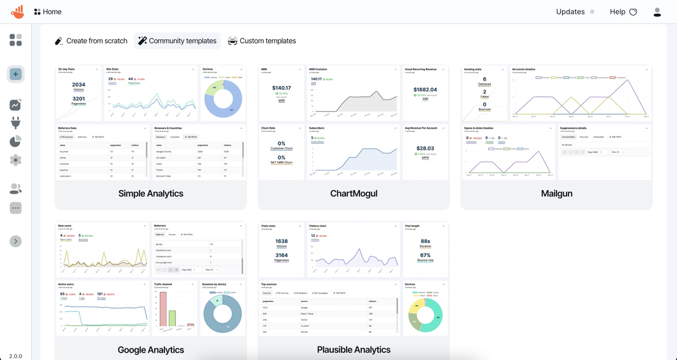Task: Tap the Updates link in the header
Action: tap(570, 12)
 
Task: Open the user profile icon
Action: tap(657, 12)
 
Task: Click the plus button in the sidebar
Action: tap(16, 74)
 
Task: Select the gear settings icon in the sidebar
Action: tap(16, 160)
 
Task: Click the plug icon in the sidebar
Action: tap(16, 123)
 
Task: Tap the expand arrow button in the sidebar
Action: tap(16, 242)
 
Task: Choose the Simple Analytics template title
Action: tap(151, 194)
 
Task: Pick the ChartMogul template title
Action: tap(353, 194)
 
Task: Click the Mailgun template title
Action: tap(556, 194)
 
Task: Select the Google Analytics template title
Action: tap(151, 350)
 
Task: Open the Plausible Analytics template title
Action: tap(353, 350)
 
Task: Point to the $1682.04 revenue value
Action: tap(425, 89)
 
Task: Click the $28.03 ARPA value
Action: tap(425, 148)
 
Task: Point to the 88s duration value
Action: tap(425, 240)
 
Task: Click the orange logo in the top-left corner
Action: tap(18, 12)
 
